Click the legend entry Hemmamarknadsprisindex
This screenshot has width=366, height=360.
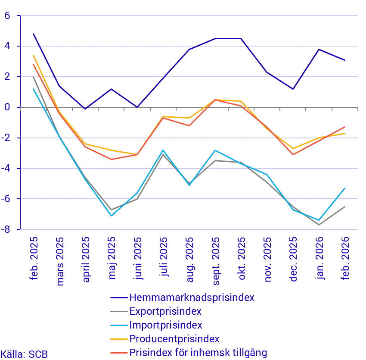192,297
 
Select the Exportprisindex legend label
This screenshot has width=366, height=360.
165,311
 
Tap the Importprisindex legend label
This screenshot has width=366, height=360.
166,325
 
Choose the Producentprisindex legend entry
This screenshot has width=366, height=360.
174,339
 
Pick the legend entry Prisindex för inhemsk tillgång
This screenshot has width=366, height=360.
198,353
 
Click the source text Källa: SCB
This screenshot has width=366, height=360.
24,354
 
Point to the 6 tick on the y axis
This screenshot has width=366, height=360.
7,16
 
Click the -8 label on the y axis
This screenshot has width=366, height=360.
6,229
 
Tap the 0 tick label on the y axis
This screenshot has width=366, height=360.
7,107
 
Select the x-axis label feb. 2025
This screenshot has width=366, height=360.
34,259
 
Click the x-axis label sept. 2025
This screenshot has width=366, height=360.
216,260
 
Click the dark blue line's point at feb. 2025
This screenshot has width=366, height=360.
34,34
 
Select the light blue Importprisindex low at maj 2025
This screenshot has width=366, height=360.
112,216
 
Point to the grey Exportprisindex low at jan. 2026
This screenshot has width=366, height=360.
319,225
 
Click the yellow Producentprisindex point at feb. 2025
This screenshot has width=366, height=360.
34,56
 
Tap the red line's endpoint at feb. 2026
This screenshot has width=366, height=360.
345,127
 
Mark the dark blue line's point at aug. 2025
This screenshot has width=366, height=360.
189,50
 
